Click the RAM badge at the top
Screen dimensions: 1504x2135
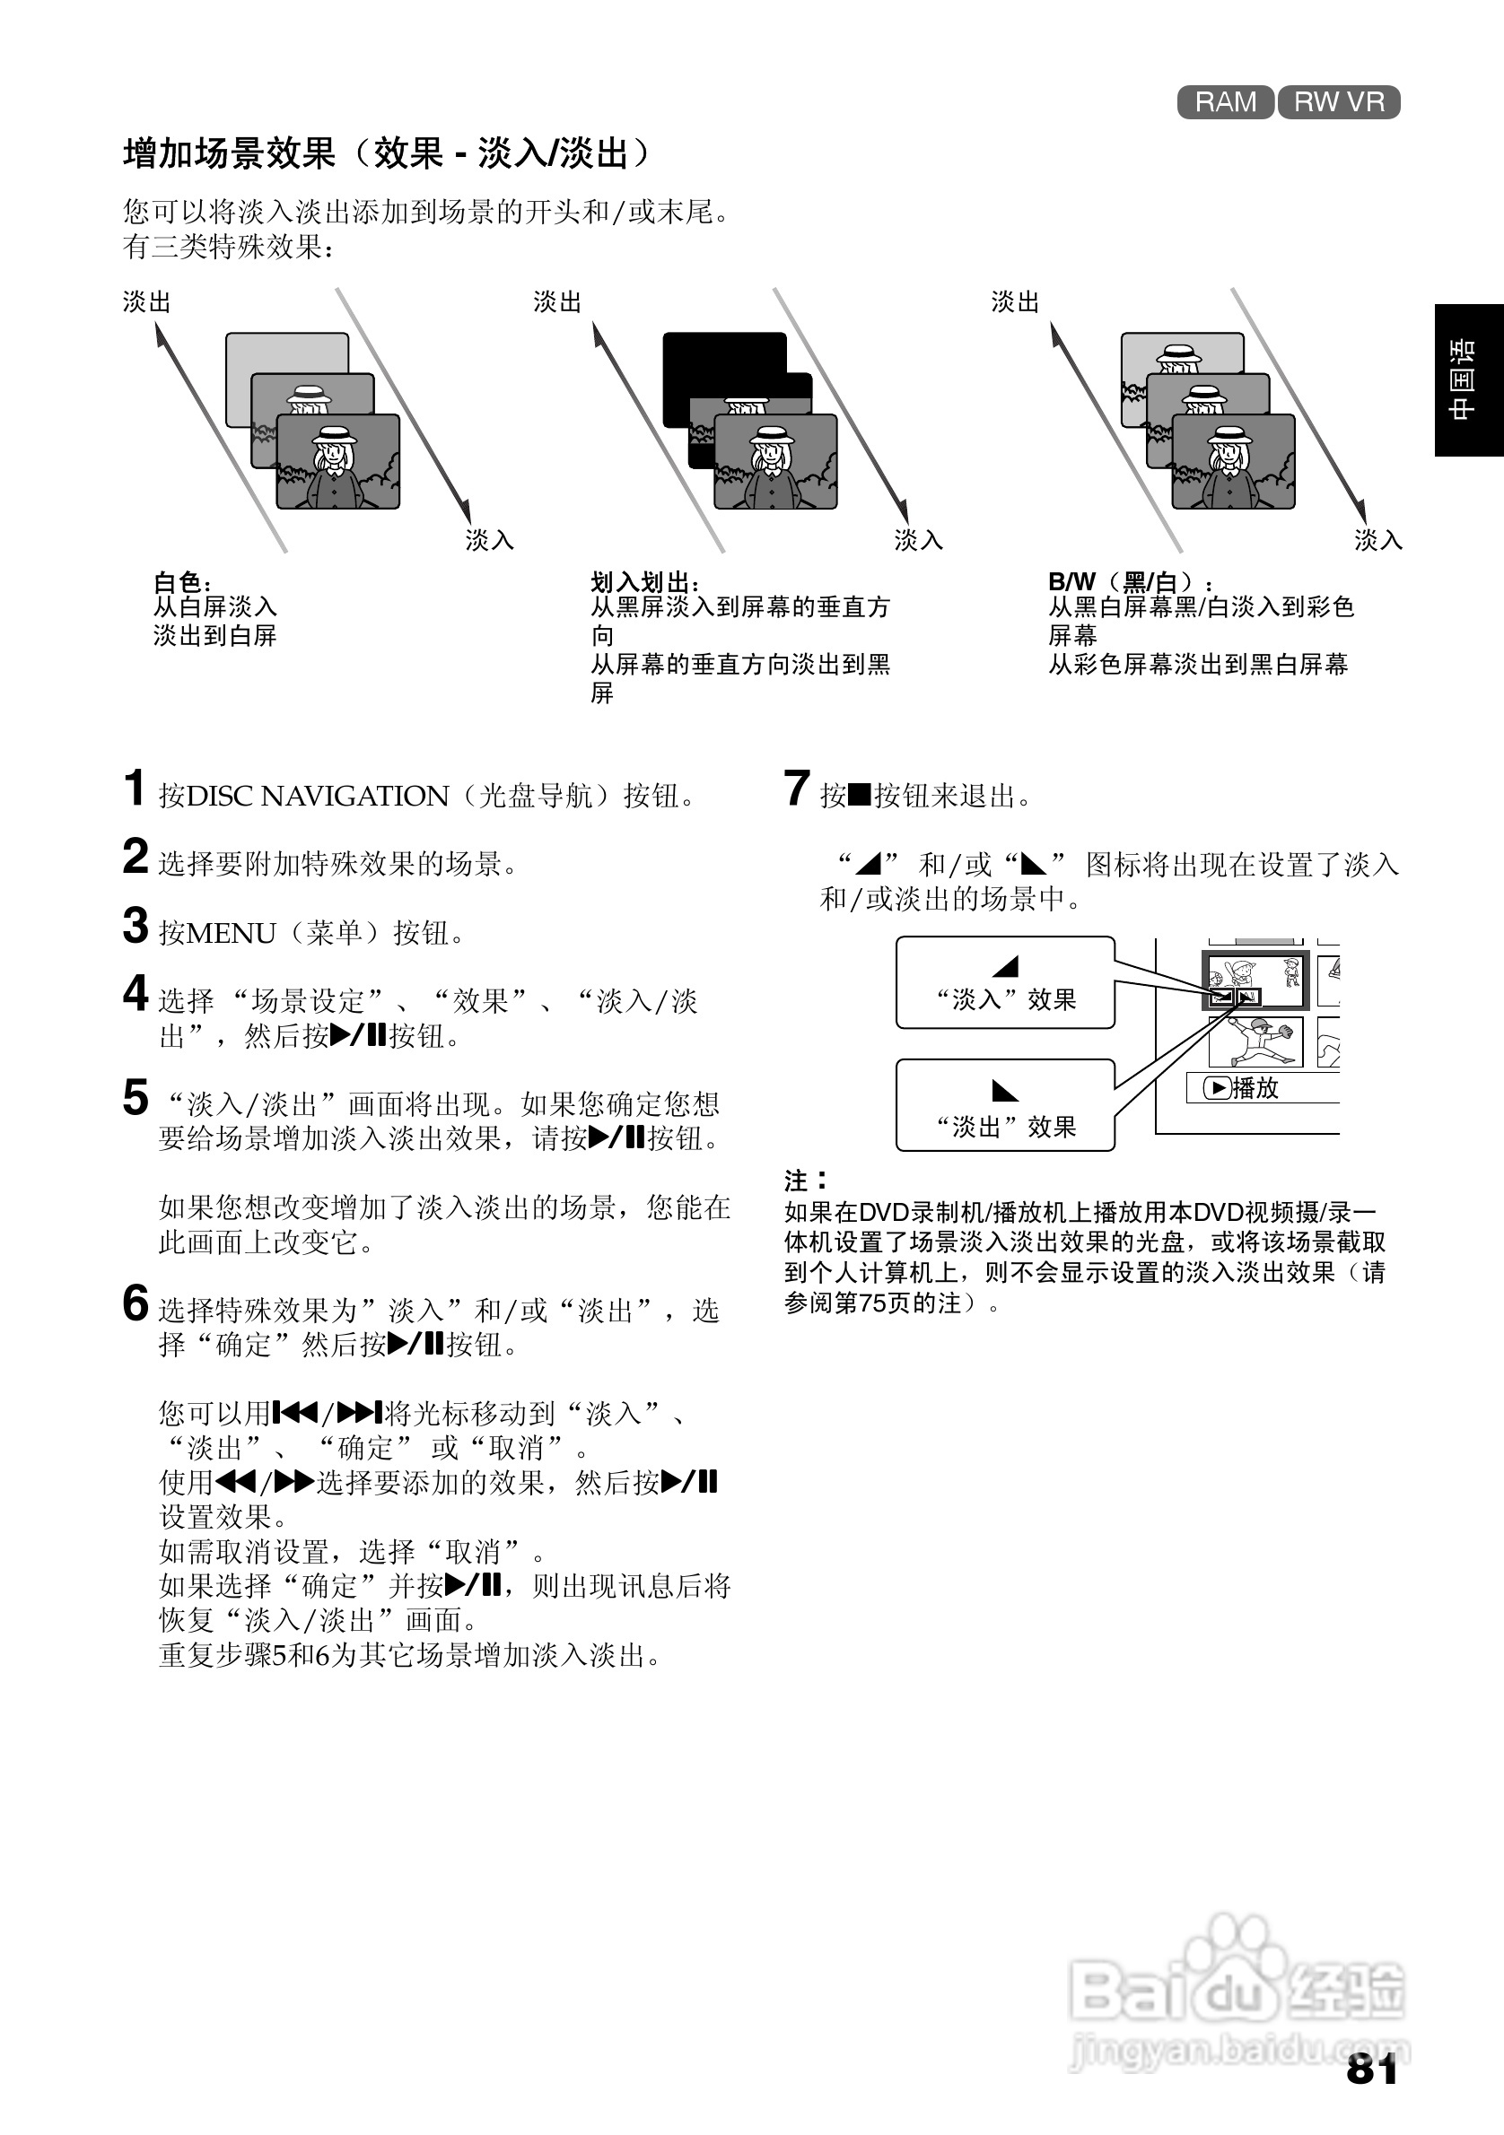point(1225,101)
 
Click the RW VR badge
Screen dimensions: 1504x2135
point(1339,101)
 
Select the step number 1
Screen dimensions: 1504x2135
point(135,788)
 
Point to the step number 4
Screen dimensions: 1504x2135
point(136,992)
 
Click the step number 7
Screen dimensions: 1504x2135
point(796,788)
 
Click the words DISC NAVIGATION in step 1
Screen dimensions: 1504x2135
point(317,796)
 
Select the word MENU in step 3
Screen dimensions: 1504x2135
point(231,933)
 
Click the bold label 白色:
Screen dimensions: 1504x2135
point(182,582)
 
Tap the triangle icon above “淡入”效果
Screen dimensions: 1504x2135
point(1005,966)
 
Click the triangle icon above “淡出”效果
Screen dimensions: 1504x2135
point(1004,1090)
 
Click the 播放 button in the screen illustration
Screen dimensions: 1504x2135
point(1243,1087)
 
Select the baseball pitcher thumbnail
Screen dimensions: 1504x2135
point(1255,1041)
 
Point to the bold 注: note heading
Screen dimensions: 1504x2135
point(805,1180)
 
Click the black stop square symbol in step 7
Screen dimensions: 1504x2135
point(860,795)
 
